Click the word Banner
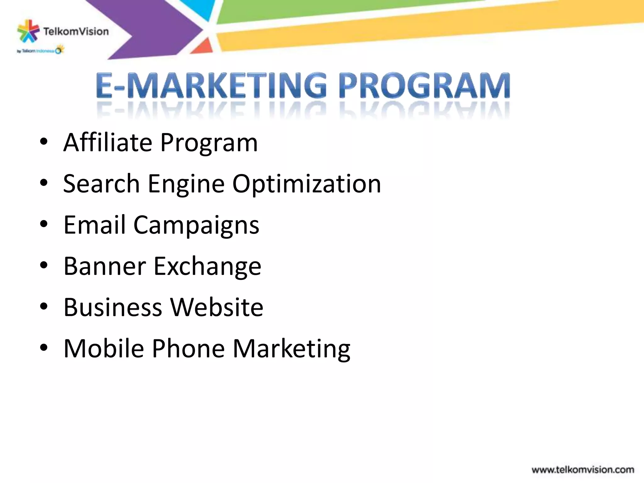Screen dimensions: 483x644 click(x=105, y=266)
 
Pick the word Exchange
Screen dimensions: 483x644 click(x=207, y=266)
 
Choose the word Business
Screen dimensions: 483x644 click(x=113, y=307)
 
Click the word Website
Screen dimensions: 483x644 click(x=217, y=307)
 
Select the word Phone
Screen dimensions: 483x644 click(x=188, y=348)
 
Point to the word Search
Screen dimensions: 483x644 click(x=101, y=184)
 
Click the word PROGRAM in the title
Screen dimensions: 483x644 click(x=424, y=86)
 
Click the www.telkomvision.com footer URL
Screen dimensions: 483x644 click(x=583, y=470)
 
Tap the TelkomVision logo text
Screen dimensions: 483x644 click(x=76, y=31)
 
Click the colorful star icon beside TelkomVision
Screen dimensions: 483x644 click(x=28, y=31)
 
